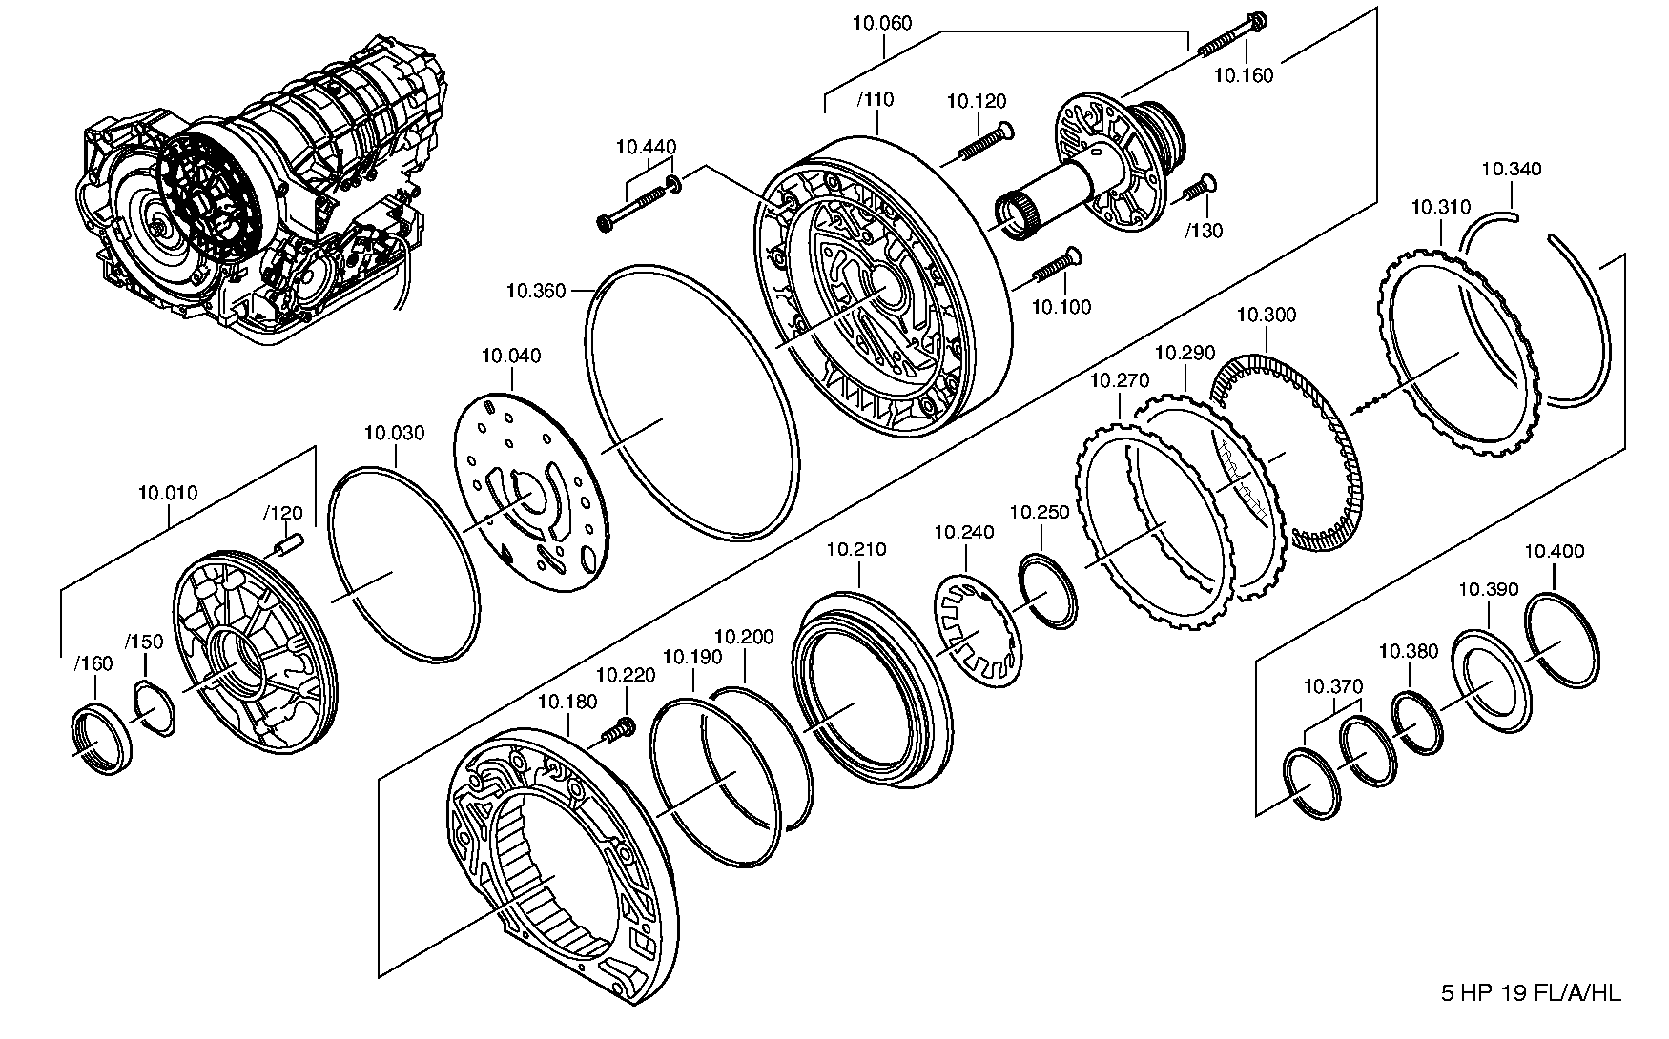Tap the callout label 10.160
(x=1244, y=75)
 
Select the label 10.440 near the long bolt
(x=646, y=147)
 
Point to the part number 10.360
(x=536, y=291)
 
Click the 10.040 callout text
(x=511, y=356)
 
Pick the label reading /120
(x=282, y=513)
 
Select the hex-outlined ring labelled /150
(x=155, y=710)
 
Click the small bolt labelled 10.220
(x=618, y=731)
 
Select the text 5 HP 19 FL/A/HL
(x=1530, y=993)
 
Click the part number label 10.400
(x=1555, y=551)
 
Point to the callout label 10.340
(x=1511, y=169)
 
